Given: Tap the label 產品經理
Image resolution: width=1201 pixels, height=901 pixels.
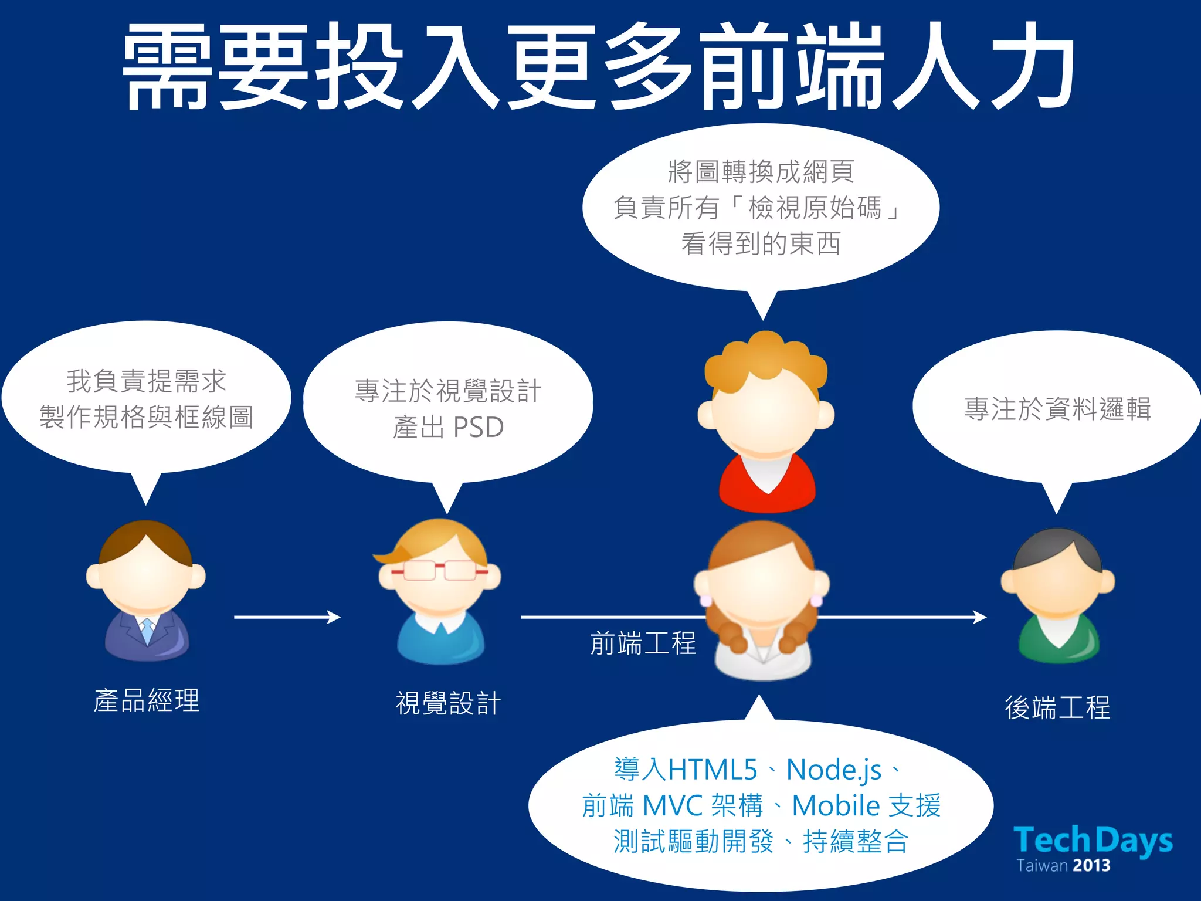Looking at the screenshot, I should [147, 700].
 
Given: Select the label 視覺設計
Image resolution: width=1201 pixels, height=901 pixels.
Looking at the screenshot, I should [448, 703].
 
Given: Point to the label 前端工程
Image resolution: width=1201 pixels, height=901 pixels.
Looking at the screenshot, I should [643, 643].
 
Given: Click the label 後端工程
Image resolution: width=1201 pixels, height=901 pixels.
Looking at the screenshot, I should [1057, 707].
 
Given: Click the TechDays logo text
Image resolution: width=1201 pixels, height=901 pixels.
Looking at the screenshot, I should [1093, 840].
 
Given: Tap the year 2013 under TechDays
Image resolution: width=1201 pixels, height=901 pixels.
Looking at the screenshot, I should [1092, 866].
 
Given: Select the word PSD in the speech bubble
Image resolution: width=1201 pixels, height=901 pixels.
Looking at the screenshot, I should [479, 427].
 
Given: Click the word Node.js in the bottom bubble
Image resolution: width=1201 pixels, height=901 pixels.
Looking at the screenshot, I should [833, 770].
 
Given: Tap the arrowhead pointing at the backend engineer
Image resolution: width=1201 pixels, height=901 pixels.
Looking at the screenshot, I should [979, 617].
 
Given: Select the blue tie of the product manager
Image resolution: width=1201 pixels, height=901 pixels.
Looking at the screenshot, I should [147, 630].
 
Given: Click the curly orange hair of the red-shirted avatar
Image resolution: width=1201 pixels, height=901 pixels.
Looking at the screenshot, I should [765, 358].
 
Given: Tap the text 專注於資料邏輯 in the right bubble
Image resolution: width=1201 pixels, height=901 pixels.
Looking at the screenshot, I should [1057, 409].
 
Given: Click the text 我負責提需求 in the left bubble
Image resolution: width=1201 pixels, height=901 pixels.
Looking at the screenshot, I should [146, 381].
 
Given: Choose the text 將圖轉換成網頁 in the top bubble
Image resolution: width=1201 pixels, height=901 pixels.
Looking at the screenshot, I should [761, 172].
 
